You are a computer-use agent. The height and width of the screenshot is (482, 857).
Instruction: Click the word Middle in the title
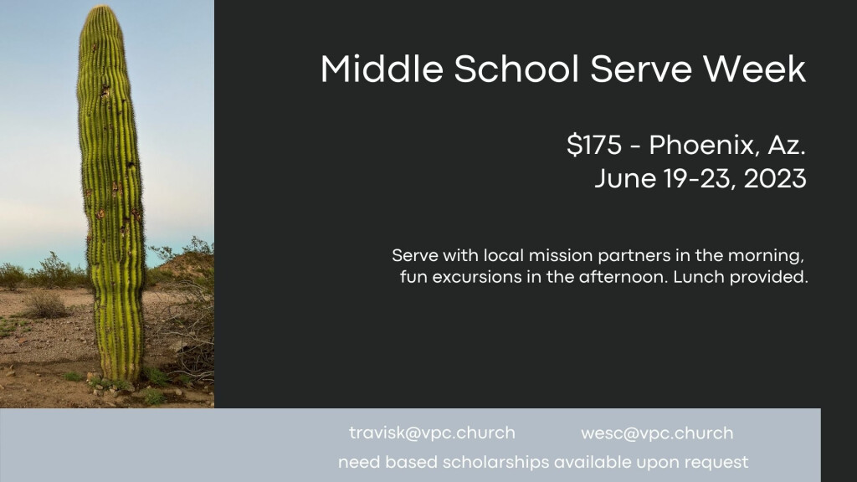tap(381, 69)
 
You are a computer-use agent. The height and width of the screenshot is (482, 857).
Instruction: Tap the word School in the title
tap(516, 69)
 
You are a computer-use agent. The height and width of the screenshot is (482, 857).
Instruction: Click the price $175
tap(594, 146)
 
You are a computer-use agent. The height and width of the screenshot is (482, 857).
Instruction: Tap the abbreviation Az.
tap(787, 146)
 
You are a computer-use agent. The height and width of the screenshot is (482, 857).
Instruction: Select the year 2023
tap(775, 179)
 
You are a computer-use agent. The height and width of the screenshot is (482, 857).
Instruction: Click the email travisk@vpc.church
tap(432, 433)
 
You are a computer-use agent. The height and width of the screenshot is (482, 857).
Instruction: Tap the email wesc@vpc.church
tap(657, 433)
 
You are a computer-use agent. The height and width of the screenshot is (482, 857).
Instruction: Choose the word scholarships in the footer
tap(495, 462)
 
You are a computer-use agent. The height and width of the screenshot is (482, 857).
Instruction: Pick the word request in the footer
tap(716, 463)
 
